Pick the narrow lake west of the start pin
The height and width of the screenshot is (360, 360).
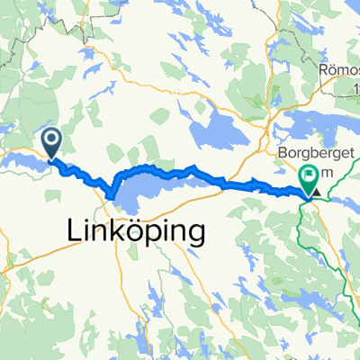pyautogui.click(x=22, y=160)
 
